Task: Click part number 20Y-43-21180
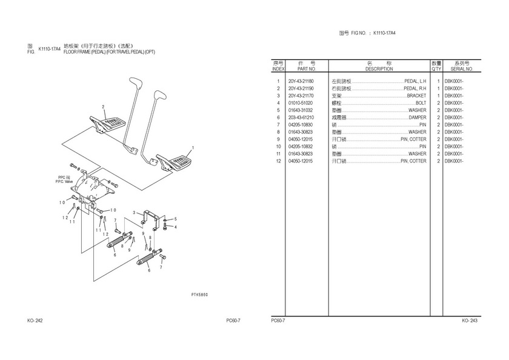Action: (x=301, y=81)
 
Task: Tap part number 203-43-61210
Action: (x=301, y=118)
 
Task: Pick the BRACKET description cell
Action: (x=416, y=96)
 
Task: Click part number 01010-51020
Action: (x=301, y=103)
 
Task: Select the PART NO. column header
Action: (x=301, y=69)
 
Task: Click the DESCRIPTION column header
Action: (x=379, y=69)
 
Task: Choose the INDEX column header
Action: (x=278, y=69)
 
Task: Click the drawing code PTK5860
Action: (x=199, y=294)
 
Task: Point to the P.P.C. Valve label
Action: (x=64, y=180)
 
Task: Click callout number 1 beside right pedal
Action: (x=193, y=147)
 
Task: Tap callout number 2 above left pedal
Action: (x=104, y=107)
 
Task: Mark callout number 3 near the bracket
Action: (x=134, y=213)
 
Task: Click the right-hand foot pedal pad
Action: (x=177, y=162)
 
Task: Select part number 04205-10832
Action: (x=301, y=147)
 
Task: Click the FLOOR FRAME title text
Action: (x=109, y=52)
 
